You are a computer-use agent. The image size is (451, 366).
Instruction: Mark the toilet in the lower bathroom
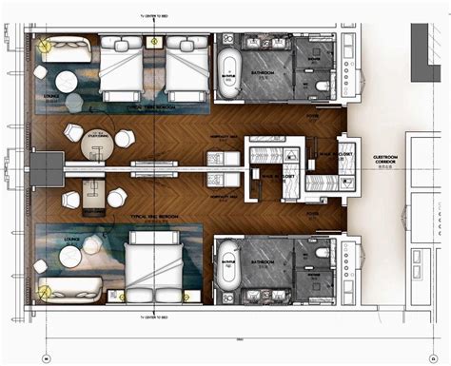tap(324, 257)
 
